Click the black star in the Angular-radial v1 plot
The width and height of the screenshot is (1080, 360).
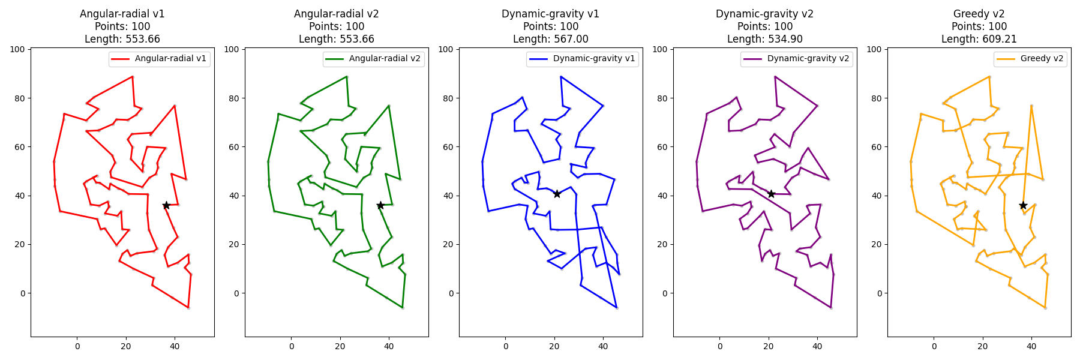click(166, 205)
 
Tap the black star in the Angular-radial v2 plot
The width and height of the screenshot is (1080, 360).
click(380, 205)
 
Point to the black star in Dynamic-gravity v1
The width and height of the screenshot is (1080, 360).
click(557, 194)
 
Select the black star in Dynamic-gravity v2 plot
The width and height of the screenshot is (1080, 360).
click(771, 194)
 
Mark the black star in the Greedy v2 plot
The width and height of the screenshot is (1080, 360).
click(1023, 205)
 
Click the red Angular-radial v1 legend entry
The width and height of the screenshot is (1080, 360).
click(160, 59)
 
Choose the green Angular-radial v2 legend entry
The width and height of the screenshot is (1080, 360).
click(374, 59)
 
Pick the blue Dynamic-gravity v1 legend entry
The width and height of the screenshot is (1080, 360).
click(582, 59)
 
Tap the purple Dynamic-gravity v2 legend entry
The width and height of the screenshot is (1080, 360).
click(796, 59)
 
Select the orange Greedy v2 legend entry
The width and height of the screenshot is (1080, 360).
click(1030, 59)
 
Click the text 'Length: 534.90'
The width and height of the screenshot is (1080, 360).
click(765, 39)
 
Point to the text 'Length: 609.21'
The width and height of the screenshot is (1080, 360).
click(979, 39)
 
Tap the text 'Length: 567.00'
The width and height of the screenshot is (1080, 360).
click(551, 39)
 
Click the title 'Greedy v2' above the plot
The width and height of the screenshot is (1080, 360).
click(979, 14)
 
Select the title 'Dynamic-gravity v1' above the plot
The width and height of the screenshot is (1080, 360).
click(551, 14)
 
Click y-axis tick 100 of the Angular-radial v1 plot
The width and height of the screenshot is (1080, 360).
click(17, 49)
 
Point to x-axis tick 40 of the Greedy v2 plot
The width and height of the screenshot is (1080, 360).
click(1031, 346)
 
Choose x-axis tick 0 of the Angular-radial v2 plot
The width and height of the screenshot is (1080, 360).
click(292, 346)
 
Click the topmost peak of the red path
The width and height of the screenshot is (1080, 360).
click(132, 77)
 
